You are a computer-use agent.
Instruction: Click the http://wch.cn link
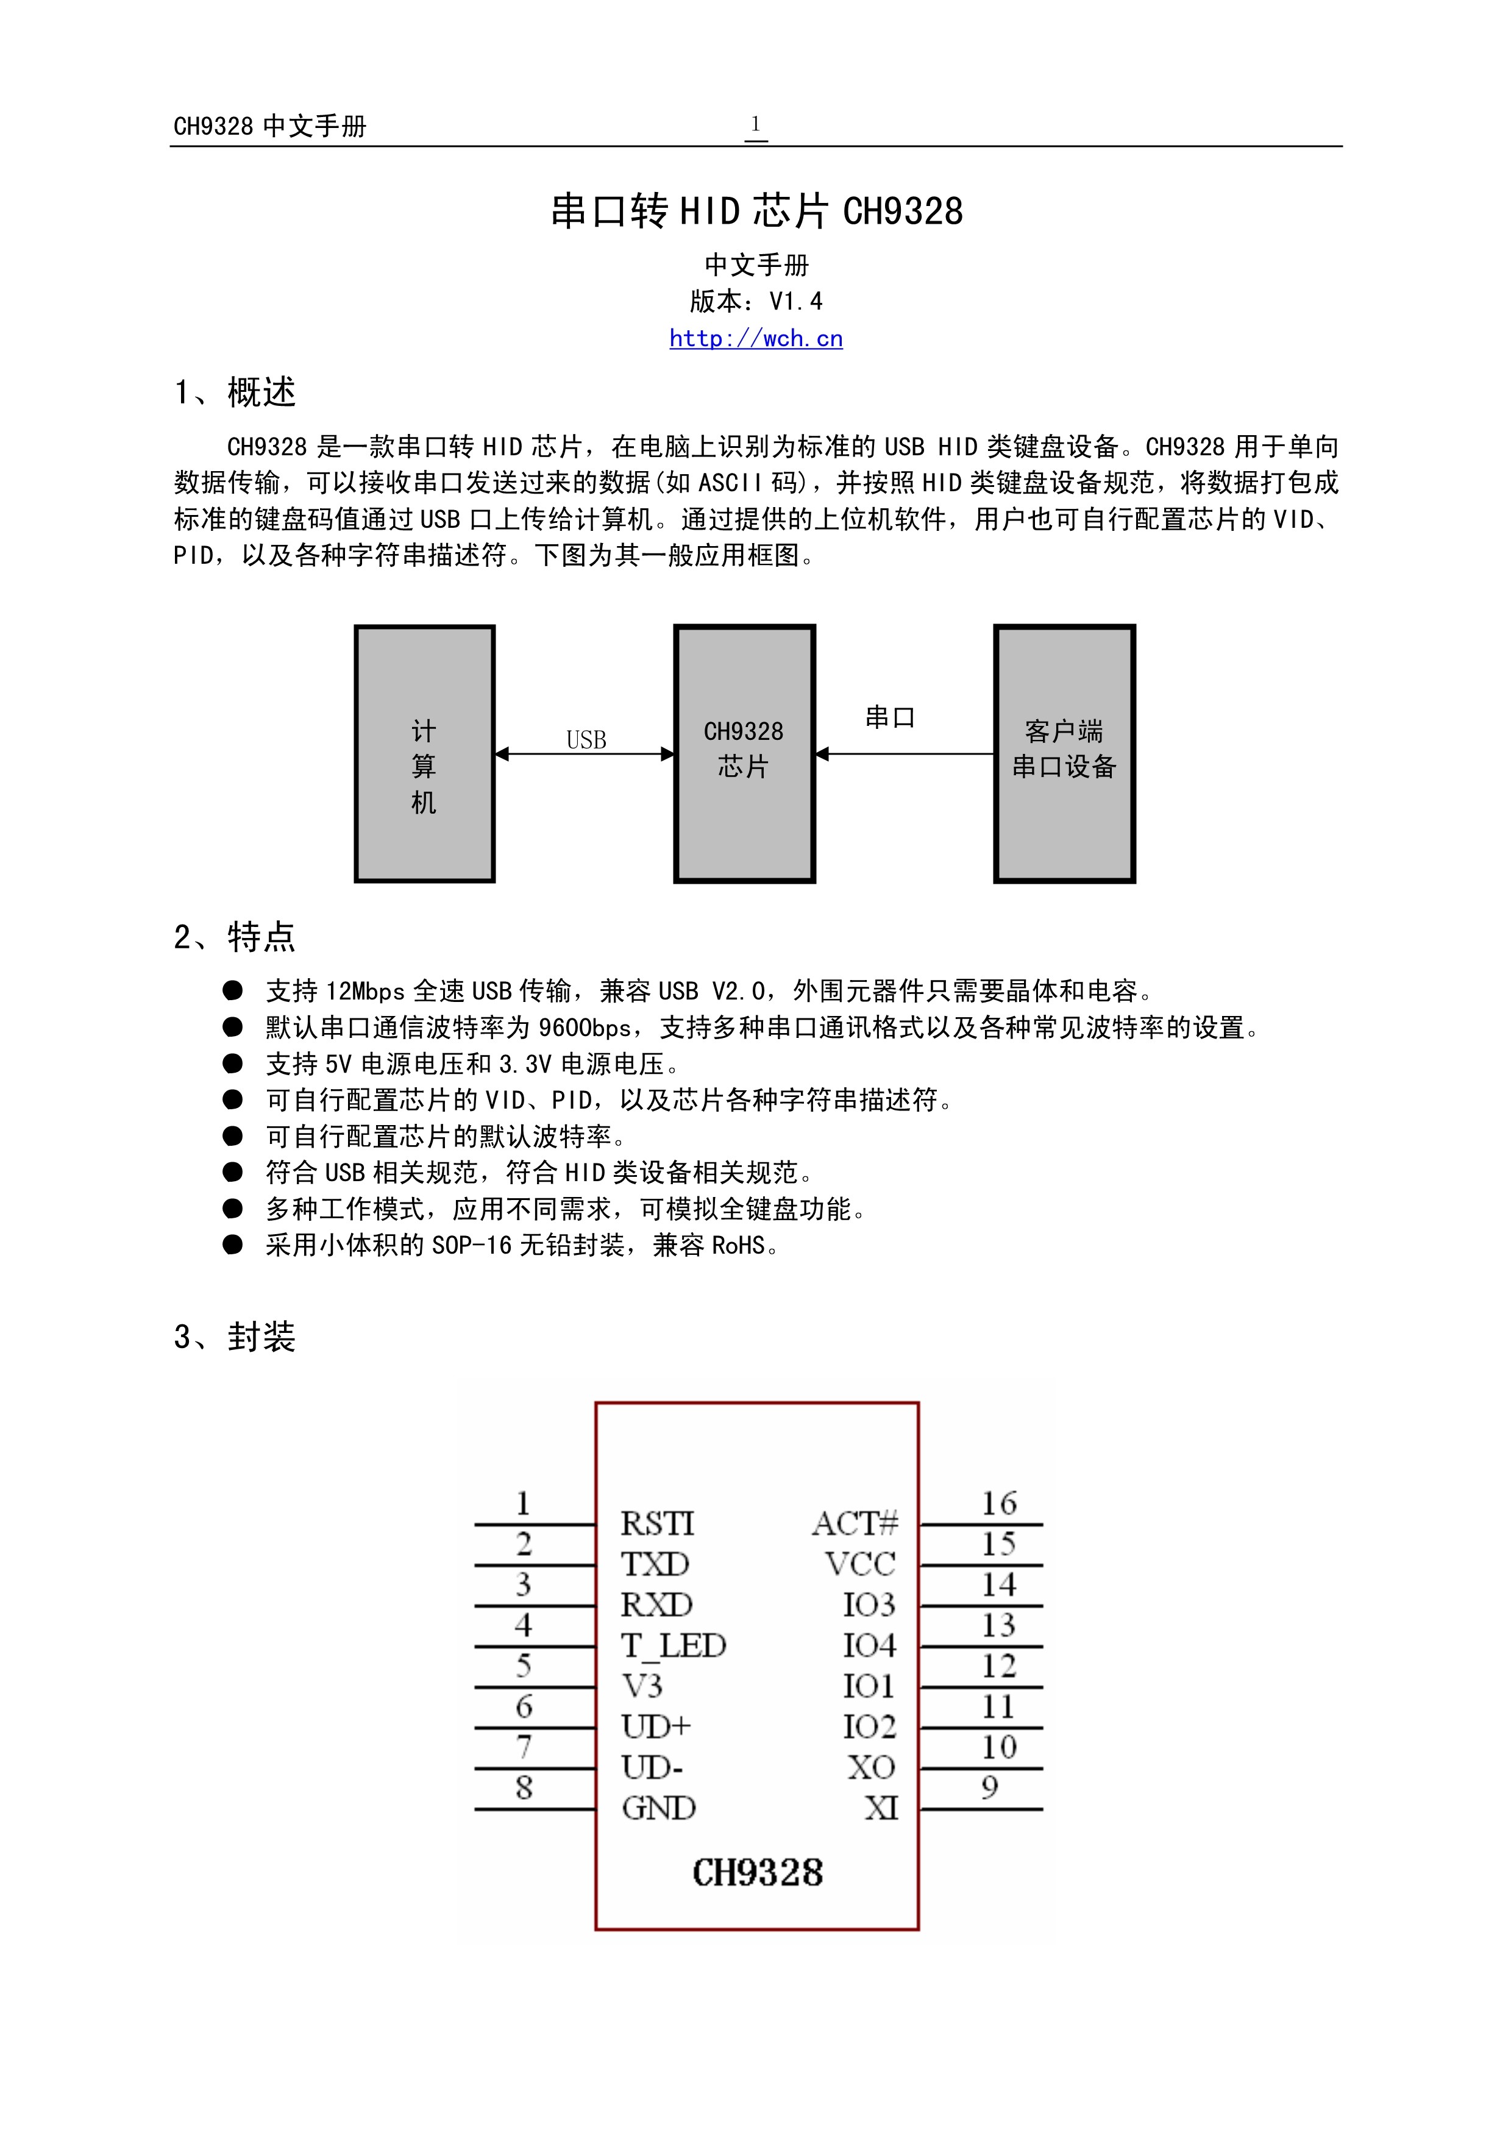[755, 338]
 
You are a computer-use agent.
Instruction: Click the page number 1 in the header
[755, 124]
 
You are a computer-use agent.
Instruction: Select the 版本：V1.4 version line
[755, 301]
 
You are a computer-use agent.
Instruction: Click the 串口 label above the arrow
[890, 717]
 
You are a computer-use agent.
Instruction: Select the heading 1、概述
[235, 392]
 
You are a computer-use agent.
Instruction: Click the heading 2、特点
[235, 936]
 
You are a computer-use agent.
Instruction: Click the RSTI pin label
[657, 1524]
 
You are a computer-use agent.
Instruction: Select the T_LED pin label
[672, 1646]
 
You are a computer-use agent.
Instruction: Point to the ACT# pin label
[855, 1524]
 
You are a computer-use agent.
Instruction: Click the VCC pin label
[859, 1563]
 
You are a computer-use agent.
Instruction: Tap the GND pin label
[658, 1808]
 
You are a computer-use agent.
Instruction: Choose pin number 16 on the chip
[998, 1503]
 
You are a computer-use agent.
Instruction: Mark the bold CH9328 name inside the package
[757, 1873]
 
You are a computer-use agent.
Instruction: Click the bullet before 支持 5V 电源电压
[233, 1064]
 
